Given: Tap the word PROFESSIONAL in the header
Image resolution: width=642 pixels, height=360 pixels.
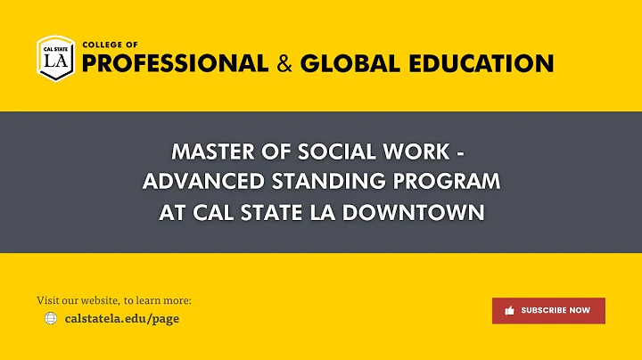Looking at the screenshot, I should click(x=175, y=63).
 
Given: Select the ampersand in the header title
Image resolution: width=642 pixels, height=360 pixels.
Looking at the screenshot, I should click(x=284, y=63).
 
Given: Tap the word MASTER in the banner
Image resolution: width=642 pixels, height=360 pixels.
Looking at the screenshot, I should click(x=211, y=151).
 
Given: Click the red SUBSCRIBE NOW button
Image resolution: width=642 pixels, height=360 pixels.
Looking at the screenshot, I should click(x=548, y=310).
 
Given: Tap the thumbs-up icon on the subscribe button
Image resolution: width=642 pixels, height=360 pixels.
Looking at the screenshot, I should click(x=510, y=310).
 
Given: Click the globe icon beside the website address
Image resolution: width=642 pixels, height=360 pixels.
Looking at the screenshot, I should click(x=51, y=318).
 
